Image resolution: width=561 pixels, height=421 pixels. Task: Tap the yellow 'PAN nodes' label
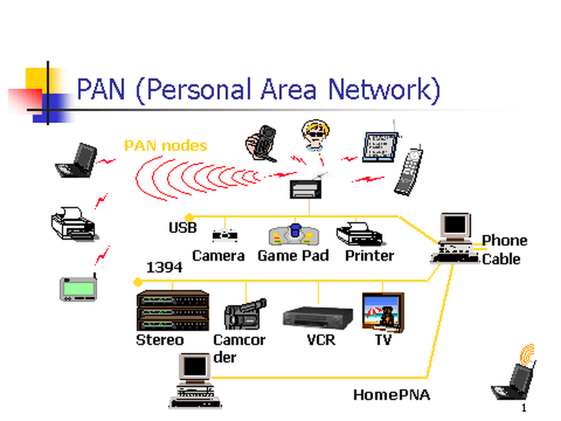(165, 145)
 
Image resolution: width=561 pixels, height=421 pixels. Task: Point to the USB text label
(182, 228)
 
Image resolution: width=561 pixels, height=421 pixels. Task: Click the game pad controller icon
(294, 235)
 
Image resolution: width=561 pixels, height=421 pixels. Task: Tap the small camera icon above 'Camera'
(225, 236)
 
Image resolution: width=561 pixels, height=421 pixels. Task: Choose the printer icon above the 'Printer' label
(359, 233)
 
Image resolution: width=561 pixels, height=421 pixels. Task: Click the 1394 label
(164, 267)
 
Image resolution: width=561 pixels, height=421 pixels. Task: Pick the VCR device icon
(318, 317)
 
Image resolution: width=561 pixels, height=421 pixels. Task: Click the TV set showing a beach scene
(383, 312)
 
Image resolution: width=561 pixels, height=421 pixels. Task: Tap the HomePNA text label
(391, 395)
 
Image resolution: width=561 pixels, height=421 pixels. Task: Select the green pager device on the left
(78, 288)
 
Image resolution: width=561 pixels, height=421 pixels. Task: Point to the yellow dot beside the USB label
(189, 217)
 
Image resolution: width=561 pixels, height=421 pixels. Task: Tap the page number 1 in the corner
(524, 409)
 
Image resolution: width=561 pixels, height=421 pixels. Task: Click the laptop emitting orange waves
(515, 378)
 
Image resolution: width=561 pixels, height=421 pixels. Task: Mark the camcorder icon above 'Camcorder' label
(244, 313)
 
